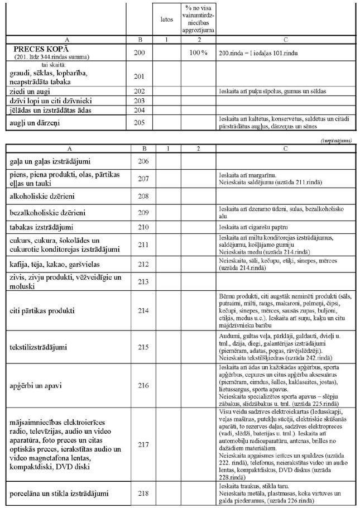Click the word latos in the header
point(165,20)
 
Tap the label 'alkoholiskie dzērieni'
point(46,197)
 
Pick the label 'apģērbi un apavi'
point(37,385)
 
